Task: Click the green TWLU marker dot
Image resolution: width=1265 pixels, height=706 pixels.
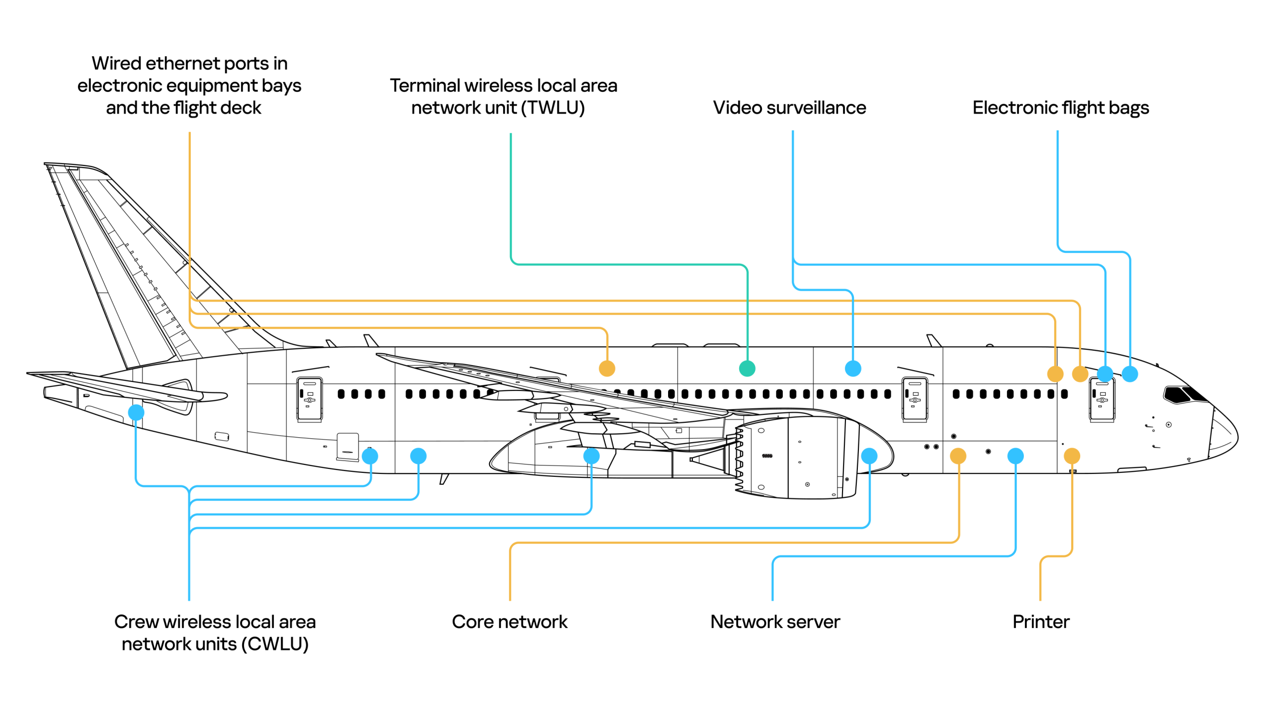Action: click(x=747, y=368)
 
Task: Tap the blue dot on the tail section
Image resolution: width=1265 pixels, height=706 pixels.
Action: click(x=136, y=412)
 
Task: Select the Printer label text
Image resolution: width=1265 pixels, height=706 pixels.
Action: click(x=1041, y=621)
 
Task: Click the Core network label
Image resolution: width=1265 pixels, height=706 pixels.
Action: click(x=509, y=621)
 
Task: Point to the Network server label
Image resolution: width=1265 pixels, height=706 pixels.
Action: click(x=775, y=621)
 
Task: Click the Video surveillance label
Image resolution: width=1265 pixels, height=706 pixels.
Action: click(x=789, y=107)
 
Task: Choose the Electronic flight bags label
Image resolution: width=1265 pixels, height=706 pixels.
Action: click(x=1060, y=107)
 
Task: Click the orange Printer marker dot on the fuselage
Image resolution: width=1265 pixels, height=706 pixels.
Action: click(x=1071, y=456)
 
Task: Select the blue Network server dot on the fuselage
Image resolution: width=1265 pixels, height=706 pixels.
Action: click(x=1015, y=456)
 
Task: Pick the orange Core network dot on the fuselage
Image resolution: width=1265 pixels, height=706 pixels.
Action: click(x=958, y=456)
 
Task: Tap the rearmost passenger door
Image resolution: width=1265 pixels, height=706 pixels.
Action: click(x=309, y=399)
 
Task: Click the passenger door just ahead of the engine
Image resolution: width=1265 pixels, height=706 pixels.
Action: click(x=914, y=399)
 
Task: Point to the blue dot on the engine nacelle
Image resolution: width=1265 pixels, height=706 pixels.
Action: click(x=869, y=456)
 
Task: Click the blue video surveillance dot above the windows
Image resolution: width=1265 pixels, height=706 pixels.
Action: click(x=852, y=368)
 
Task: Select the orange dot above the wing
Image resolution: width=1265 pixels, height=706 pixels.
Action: click(x=607, y=368)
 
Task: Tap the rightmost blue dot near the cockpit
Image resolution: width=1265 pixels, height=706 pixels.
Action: click(x=1130, y=374)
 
